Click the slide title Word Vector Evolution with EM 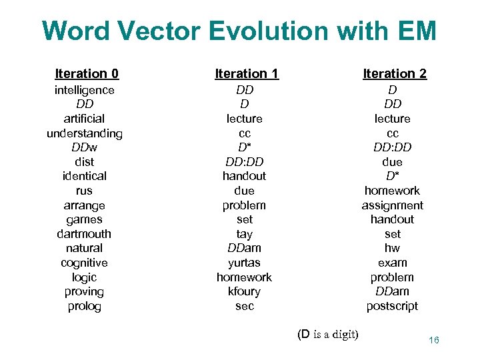tap(239, 31)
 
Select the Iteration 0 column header tap(87, 73)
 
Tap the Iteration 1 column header tap(247, 73)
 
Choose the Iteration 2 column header tap(395, 73)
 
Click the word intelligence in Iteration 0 tap(85, 90)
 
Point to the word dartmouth tap(85, 234)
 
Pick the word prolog tap(85, 306)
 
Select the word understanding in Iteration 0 tap(85, 133)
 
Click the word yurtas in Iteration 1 tap(245, 263)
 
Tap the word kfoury tap(245, 291)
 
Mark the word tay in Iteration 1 tap(245, 234)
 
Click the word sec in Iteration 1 tap(245, 306)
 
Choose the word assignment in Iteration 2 tap(393, 205)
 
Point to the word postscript tap(393, 306)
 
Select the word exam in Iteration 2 tap(393, 263)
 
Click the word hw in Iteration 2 tap(393, 248)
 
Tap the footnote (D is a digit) tap(328, 334)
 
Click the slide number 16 tap(434, 341)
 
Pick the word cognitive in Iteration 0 tap(85, 263)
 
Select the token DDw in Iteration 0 tap(85, 147)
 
